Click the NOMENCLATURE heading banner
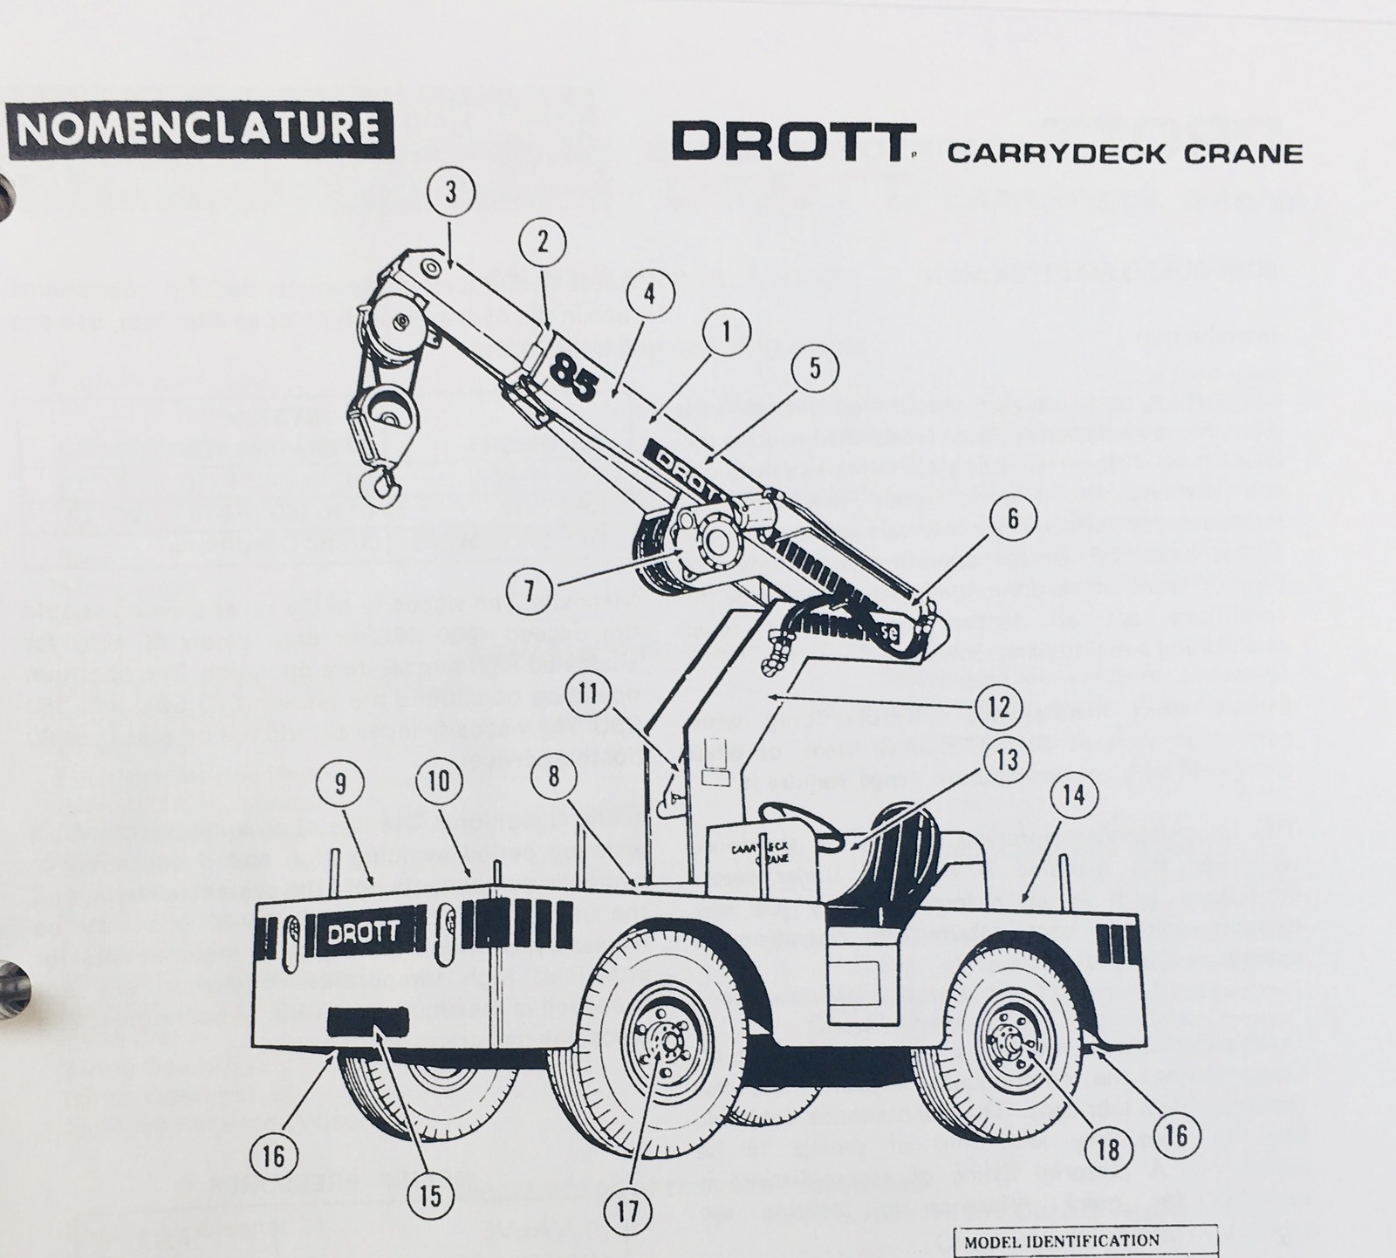pyautogui.click(x=199, y=129)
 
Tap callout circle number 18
pyautogui.click(x=1108, y=1150)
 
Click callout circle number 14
pyautogui.click(x=1075, y=797)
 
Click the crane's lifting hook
pyautogui.click(x=381, y=489)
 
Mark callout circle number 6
pyautogui.click(x=1012, y=519)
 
